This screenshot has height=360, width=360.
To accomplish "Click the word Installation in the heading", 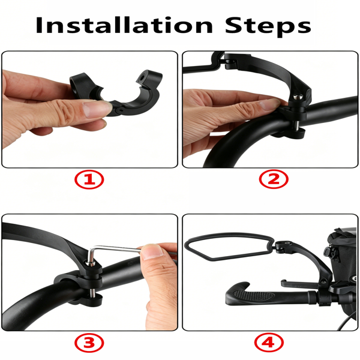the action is point(124,25).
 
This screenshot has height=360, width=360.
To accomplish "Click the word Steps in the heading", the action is point(268,26).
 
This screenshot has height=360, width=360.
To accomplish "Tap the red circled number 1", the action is point(89,179).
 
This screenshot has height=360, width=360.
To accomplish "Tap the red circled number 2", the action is point(274,179).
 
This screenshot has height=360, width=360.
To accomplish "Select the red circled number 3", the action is point(89,343).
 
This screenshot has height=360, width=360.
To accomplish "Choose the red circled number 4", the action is point(269,343).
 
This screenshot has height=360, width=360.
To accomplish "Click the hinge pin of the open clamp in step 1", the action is point(119,110).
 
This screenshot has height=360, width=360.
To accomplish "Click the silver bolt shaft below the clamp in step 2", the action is point(297,125).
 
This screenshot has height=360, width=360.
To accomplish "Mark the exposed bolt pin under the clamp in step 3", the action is point(92,292).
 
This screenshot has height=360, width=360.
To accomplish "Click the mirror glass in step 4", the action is point(228,246).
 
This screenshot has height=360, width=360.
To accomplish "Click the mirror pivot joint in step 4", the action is point(283,247).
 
